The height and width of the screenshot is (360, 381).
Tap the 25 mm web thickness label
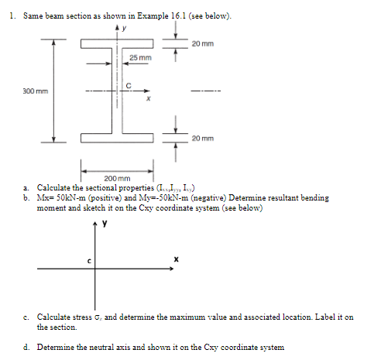[x=140, y=59]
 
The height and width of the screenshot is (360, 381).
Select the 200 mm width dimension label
[x=118, y=178]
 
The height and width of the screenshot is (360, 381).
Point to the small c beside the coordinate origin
[x=89, y=260]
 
